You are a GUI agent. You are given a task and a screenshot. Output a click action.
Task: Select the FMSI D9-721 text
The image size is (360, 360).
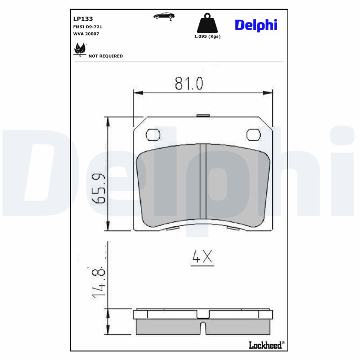click(x=87, y=27)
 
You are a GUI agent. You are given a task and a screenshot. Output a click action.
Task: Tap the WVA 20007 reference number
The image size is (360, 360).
click(x=86, y=34)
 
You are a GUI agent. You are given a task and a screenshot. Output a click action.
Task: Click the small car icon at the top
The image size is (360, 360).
click(x=164, y=16)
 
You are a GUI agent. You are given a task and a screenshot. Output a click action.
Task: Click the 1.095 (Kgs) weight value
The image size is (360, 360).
click(x=207, y=36)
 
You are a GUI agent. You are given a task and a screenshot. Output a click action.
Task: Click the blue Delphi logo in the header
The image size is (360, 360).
click(x=256, y=25)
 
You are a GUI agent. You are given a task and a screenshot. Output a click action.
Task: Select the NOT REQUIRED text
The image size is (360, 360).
click(x=105, y=56)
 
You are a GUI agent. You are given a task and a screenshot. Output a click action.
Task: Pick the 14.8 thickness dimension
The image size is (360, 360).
click(x=99, y=282)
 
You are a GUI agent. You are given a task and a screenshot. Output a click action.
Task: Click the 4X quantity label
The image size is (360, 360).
click(x=202, y=257)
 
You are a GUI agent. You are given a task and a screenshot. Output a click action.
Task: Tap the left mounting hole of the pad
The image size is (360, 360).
click(x=153, y=135)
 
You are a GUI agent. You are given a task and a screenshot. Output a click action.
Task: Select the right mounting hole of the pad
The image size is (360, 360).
click(x=253, y=135)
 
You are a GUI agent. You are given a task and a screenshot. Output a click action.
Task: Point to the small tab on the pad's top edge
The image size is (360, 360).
click(x=203, y=115)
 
